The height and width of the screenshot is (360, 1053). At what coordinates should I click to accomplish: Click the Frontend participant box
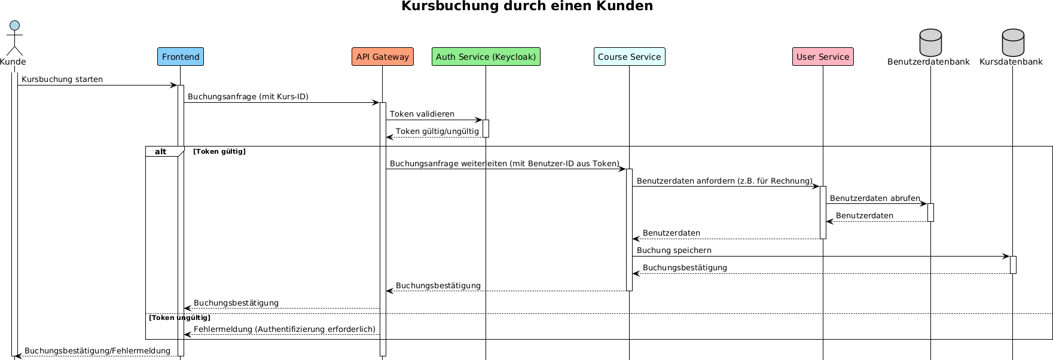[x=181, y=57]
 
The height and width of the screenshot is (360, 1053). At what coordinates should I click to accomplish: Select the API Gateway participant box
[x=383, y=57]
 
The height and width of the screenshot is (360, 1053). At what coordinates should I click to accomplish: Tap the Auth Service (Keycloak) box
[x=486, y=57]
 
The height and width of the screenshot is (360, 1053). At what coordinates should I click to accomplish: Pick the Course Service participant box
[x=630, y=57]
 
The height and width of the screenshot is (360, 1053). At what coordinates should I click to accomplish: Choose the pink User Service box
[x=823, y=57]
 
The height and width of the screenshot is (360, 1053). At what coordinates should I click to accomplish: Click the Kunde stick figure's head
[x=14, y=26]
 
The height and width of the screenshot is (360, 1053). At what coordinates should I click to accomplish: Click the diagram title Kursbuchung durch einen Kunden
[x=527, y=7]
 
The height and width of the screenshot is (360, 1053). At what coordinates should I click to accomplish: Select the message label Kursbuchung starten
[x=62, y=80]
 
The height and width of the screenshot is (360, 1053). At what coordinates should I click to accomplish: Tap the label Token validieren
[x=422, y=114]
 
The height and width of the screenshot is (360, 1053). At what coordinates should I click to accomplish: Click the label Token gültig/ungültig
[x=437, y=132]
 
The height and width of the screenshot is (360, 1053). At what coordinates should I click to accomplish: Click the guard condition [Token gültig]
[x=219, y=152]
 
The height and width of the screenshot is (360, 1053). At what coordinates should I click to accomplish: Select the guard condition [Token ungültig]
[x=179, y=318]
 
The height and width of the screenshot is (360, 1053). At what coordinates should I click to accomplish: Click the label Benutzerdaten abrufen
[x=875, y=199]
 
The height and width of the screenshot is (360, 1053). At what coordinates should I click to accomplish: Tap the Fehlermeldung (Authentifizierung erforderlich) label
[x=285, y=330]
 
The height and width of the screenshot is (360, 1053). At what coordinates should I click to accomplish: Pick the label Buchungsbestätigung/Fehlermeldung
[x=97, y=351]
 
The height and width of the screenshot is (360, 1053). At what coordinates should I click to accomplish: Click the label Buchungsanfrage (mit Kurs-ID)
[x=248, y=97]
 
